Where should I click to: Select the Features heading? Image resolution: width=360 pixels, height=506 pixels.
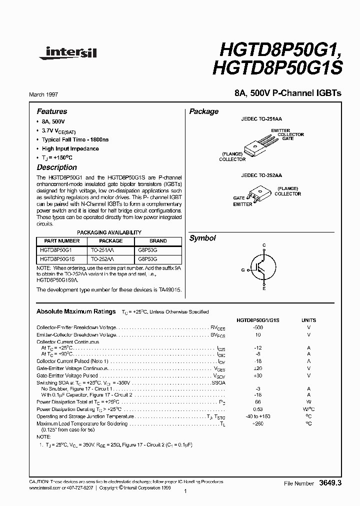coord(52,111)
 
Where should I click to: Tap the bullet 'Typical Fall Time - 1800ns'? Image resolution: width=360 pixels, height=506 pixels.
coord(75,139)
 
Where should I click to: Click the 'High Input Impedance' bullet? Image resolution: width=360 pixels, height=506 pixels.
coord(70,148)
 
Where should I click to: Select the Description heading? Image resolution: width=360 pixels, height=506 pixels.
coord(57,167)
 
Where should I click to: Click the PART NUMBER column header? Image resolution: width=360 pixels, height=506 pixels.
coord(62,240)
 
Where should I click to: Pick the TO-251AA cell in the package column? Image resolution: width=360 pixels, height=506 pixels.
coord(102,249)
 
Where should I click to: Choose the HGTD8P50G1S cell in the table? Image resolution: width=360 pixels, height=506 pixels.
coord(57,258)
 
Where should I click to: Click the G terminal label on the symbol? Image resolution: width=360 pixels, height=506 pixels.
coord(243,270)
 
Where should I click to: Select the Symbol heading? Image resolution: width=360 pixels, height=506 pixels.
coord(202,238)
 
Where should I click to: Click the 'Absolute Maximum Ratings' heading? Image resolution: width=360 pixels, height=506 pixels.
coord(76,311)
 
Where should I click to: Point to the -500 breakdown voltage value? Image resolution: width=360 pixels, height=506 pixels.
coord(257,327)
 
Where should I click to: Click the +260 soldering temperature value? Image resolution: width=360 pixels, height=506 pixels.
coord(257,423)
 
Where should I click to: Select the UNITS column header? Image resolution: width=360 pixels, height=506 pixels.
coord(308,320)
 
